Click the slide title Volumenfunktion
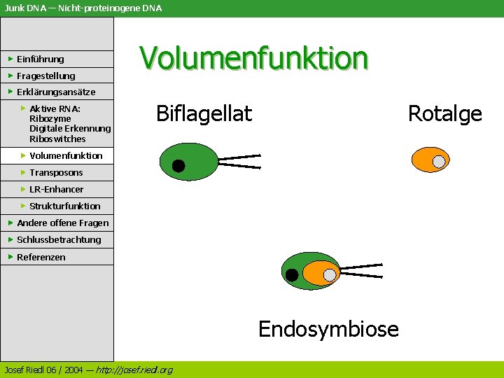tap(253, 58)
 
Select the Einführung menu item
tap(40, 59)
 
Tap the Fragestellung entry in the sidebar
tap(45, 76)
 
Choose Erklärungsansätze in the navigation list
tap(55, 92)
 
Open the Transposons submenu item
tap(56, 173)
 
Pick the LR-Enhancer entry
tap(56, 190)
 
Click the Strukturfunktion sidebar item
tap(64, 206)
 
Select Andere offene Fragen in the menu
tap(62, 223)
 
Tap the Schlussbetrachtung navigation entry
tap(59, 240)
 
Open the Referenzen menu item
tap(41, 258)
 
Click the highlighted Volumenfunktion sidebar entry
tap(66, 156)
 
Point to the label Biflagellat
tap(204, 113)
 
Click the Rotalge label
tap(444, 113)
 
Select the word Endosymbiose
tap(328, 328)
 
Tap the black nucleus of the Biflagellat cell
tap(178, 166)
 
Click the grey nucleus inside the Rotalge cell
tap(439, 162)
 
